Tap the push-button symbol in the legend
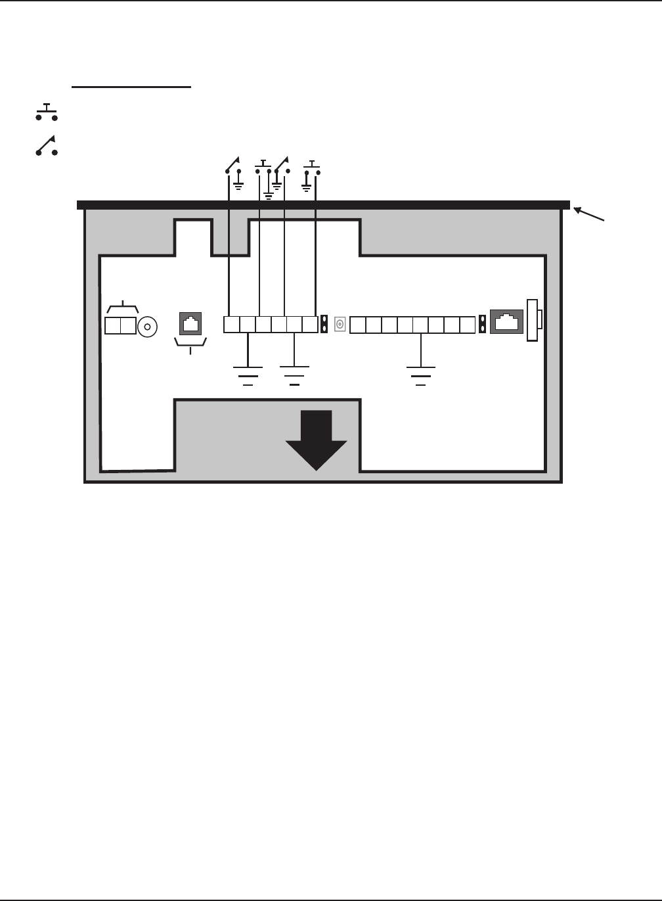[x=47, y=112]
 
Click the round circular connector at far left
[x=148, y=326]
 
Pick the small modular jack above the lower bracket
[x=190, y=324]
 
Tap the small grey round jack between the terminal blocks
[x=340, y=325]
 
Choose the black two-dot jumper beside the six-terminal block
[x=324, y=325]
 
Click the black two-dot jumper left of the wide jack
[x=483, y=325]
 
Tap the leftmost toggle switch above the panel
[x=232, y=165]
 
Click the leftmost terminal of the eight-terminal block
[x=357, y=325]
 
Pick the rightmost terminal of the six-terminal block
[x=310, y=325]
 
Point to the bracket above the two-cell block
[x=121, y=308]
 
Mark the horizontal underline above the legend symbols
[x=131, y=86]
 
